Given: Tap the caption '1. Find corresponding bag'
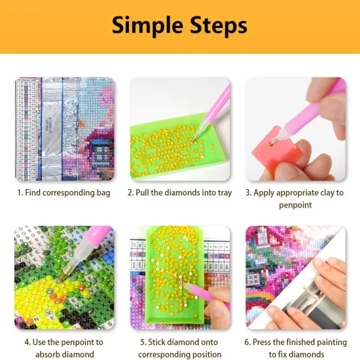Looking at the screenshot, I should (x=63, y=192).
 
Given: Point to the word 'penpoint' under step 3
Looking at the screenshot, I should (x=295, y=205).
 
